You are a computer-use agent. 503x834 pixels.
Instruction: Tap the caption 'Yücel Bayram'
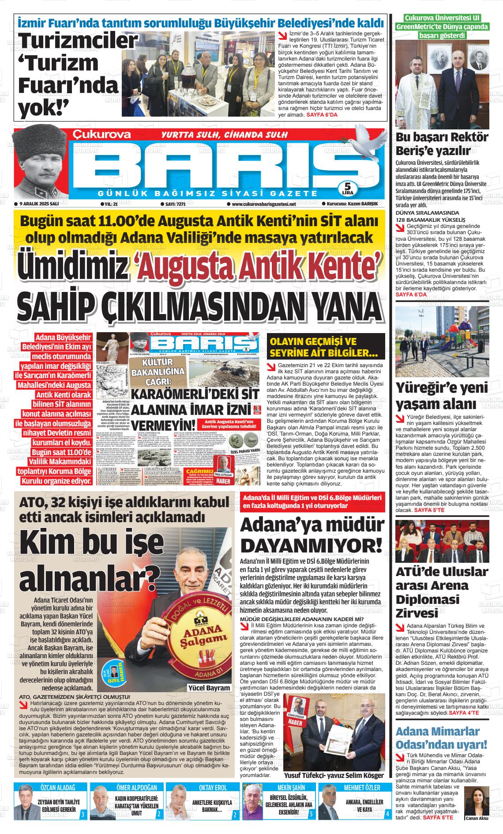[209, 688]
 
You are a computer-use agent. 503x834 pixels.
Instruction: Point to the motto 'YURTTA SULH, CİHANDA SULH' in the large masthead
[225, 134]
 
